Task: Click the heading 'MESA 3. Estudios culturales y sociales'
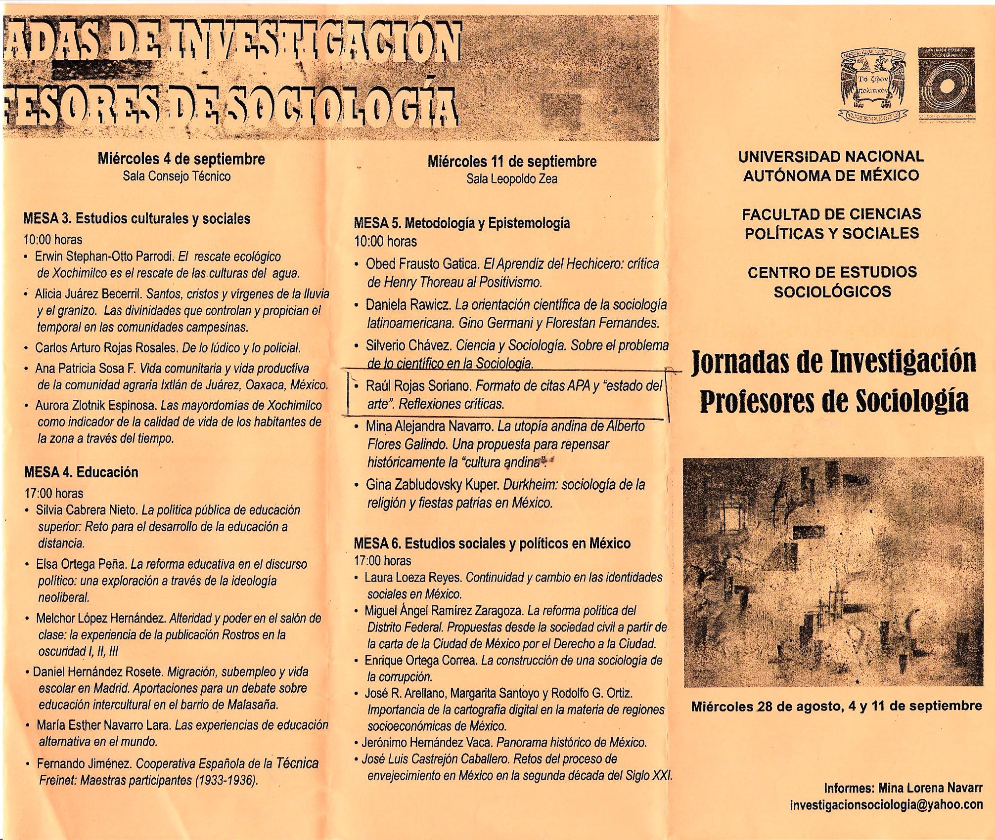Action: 137,218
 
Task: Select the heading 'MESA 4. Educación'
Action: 81,472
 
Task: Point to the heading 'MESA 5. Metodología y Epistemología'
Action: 462,223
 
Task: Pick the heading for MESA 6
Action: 492,544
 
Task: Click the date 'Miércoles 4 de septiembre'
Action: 181,159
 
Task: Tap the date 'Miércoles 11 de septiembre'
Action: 512,161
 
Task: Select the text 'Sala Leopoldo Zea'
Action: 512,178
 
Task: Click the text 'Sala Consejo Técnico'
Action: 177,176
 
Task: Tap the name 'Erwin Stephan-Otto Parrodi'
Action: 104,256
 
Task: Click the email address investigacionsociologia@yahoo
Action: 886,804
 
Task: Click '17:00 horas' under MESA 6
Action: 382,561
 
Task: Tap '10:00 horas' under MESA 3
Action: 53,240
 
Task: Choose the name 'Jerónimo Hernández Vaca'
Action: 427,742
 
